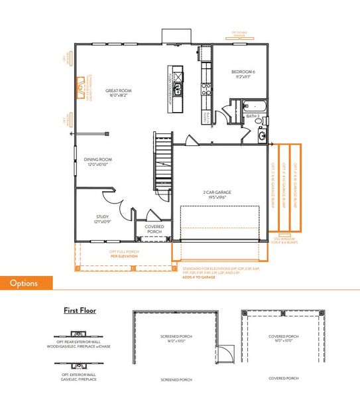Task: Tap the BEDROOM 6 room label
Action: point(244,73)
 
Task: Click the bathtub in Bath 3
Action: point(255,105)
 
